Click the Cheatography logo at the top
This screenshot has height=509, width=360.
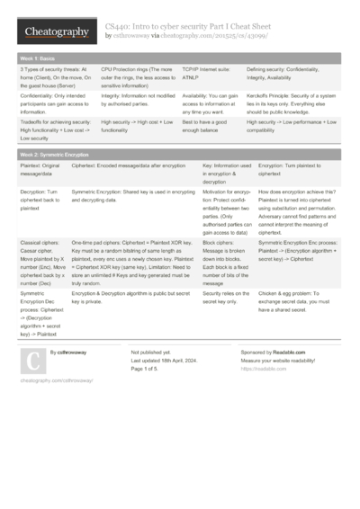[51, 31]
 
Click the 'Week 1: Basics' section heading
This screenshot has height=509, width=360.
[37, 57]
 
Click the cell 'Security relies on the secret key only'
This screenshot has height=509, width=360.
[226, 299]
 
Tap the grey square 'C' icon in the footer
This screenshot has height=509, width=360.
[32, 361]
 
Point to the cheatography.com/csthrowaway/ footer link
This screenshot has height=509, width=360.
[56, 381]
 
